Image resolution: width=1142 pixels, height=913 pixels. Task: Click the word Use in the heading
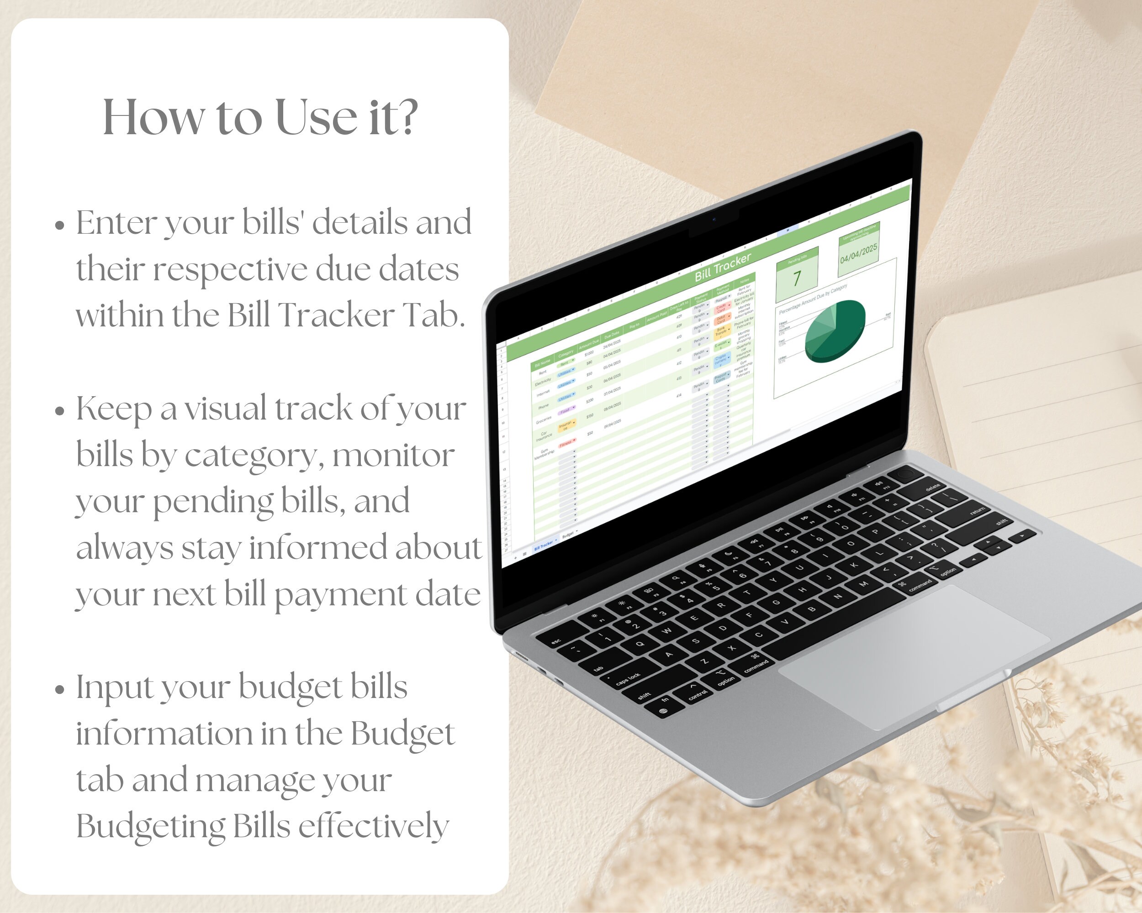coord(316,117)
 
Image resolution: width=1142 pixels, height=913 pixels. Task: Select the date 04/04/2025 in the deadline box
coord(859,253)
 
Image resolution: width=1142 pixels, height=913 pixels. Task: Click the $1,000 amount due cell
coord(589,352)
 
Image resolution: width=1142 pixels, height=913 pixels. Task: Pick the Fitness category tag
coord(566,444)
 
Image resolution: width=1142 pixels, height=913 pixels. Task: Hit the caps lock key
coord(629,678)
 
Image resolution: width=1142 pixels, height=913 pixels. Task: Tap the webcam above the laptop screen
coord(714,219)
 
